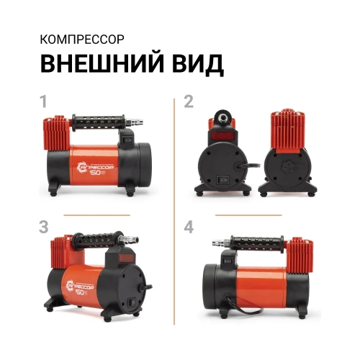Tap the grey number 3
tap(45, 227)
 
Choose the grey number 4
tap(189, 227)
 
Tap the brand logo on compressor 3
tap(76, 285)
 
